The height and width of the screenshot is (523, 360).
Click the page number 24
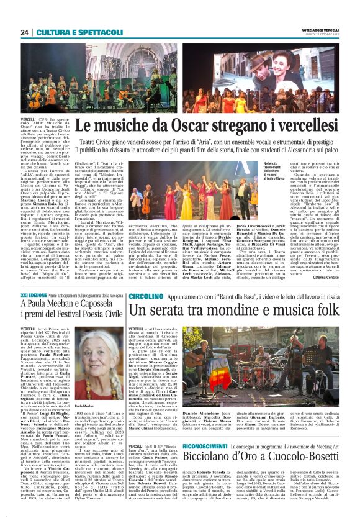(24, 32)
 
